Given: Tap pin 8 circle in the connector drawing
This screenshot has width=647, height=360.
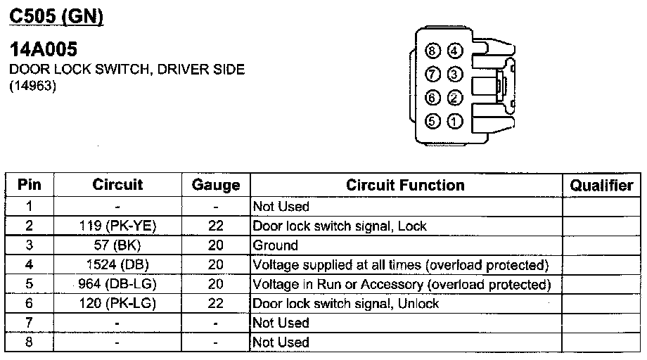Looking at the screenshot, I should [x=433, y=51].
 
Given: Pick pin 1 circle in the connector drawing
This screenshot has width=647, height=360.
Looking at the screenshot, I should [x=454, y=121].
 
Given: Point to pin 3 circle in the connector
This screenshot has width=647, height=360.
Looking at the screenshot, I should [x=454, y=74].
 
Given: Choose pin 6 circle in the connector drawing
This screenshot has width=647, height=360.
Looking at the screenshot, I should [x=433, y=98].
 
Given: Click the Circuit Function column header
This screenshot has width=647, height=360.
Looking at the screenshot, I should [x=405, y=186].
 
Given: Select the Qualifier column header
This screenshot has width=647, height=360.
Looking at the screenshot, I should [x=601, y=186].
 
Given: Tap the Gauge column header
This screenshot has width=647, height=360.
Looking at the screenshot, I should [x=216, y=186].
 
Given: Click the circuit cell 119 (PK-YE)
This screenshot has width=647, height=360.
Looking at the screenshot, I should [x=117, y=226].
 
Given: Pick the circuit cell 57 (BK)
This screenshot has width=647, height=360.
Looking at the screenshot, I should [x=117, y=245].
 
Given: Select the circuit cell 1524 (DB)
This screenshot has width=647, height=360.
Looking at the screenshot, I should [x=117, y=265].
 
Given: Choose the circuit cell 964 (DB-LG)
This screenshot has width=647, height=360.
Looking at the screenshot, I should [x=117, y=284].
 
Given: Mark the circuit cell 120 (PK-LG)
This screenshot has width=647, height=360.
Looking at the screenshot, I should [x=117, y=304].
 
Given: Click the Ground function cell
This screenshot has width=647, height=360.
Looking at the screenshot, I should [x=275, y=245].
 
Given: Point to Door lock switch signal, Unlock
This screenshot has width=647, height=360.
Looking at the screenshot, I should [x=345, y=304].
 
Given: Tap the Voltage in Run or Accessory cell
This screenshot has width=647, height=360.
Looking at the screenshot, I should [x=401, y=284].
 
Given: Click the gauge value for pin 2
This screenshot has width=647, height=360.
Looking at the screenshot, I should [x=216, y=226].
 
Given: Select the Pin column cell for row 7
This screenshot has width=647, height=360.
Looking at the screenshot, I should [x=29, y=323].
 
